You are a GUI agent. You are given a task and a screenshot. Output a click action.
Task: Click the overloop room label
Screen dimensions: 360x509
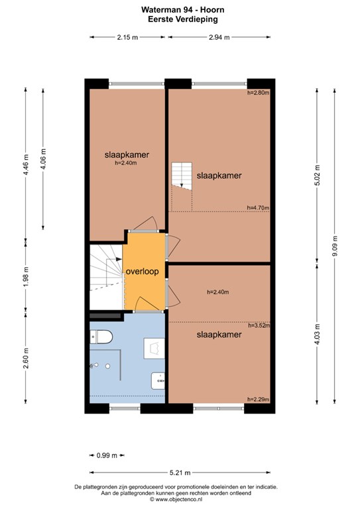(142, 272)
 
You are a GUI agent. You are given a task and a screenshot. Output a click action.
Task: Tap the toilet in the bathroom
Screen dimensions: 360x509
(101, 337)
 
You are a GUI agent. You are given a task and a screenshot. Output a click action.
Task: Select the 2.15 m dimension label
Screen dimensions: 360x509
(127, 37)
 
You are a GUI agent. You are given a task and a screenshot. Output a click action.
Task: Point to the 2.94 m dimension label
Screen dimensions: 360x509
(219, 37)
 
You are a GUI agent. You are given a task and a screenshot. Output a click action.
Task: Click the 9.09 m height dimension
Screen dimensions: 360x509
(335, 246)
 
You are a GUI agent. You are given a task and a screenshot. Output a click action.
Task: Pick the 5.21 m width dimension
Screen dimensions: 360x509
(180, 473)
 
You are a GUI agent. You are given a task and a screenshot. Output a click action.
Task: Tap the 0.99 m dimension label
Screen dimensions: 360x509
(107, 455)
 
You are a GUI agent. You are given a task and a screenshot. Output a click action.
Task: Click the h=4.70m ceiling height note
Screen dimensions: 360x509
(258, 207)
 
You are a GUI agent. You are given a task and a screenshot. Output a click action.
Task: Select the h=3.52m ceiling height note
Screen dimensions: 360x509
(259, 325)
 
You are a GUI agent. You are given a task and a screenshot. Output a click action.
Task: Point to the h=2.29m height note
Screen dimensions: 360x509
(259, 400)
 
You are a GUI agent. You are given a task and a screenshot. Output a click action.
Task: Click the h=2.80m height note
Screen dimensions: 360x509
(259, 93)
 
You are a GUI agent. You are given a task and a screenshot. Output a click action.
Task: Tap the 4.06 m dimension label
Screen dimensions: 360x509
(43, 159)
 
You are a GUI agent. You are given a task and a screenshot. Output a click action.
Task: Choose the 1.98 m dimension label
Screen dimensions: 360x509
(26, 276)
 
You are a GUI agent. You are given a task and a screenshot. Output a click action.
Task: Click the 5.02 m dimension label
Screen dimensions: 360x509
(318, 175)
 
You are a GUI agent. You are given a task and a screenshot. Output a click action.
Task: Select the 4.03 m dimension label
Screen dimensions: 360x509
(318, 334)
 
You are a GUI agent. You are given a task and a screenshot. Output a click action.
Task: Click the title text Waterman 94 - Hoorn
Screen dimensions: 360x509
(183, 10)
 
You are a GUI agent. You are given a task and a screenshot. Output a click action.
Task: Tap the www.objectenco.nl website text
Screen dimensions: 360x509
(176, 500)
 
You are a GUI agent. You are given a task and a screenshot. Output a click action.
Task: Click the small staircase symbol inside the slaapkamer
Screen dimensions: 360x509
(182, 175)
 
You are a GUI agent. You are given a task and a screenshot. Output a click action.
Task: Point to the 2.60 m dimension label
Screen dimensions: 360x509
(26, 358)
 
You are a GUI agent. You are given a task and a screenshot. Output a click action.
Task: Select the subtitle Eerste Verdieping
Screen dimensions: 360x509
(183, 19)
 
